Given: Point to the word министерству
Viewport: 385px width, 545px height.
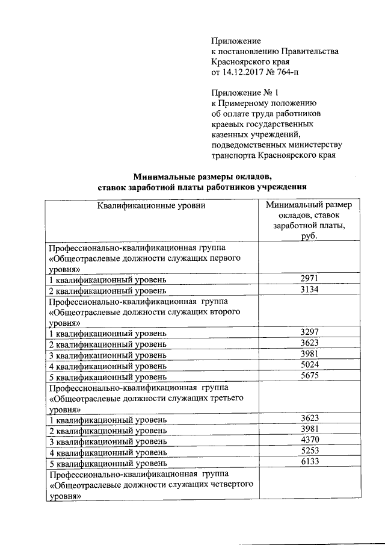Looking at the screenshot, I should pyautogui.click(x=317, y=145).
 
